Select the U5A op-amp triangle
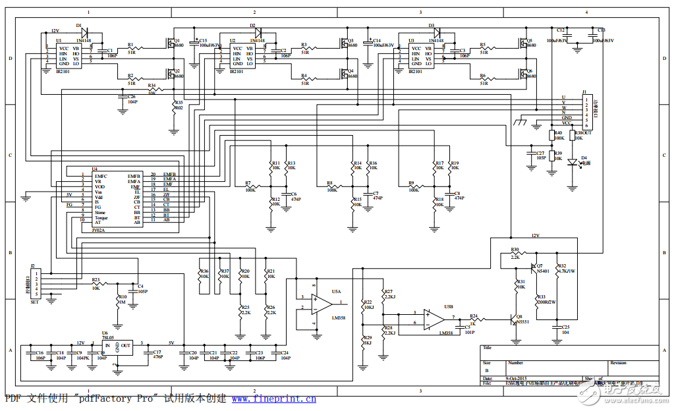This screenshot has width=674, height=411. [323, 302]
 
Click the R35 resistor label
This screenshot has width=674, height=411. [179, 103]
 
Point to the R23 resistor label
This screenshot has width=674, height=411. [96, 280]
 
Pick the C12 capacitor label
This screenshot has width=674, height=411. [561, 30]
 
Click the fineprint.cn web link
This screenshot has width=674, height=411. [273, 399]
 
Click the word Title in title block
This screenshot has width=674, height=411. [487, 348]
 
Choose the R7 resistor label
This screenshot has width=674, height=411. [248, 182]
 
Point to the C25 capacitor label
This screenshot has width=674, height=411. [565, 327]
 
